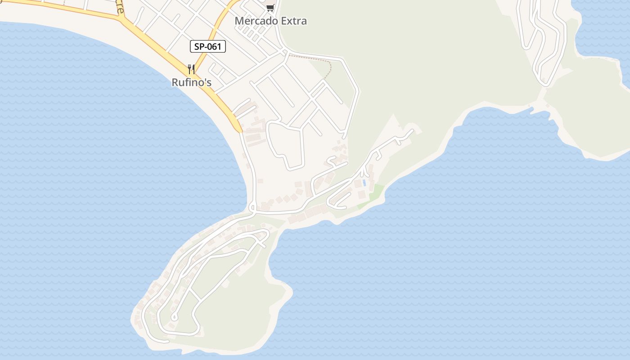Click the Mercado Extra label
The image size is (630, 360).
click(271, 21)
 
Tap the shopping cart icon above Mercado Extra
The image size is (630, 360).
click(270, 8)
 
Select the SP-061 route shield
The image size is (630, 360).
click(207, 46)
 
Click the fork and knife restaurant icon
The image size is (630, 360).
click(191, 69)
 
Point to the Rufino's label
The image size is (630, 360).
click(191, 82)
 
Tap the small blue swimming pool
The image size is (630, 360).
click(364, 183)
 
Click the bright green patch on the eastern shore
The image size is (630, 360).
click(377, 193)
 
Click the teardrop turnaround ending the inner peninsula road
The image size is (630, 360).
click(174, 317)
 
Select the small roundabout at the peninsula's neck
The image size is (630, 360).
click(252, 208)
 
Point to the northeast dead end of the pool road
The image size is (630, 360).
click(411, 131)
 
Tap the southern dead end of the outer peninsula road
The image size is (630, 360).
click(167, 342)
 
